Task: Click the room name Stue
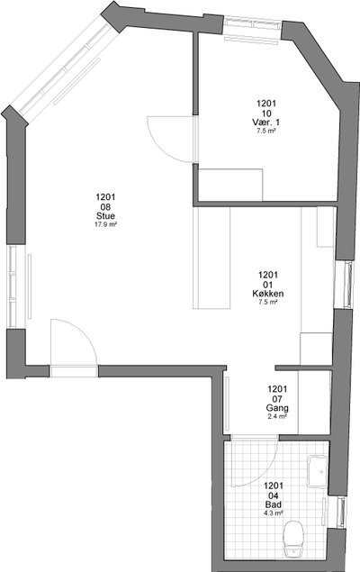[105, 215]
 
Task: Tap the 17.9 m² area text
[105, 224]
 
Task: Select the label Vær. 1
[266, 122]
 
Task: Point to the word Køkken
[268, 294]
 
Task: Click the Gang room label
[277, 408]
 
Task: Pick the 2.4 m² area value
[277, 416]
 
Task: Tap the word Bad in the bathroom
[274, 504]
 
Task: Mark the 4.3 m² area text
[274, 513]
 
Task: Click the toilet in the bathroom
[293, 540]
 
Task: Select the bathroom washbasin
[318, 471]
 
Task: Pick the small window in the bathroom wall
[342, 512]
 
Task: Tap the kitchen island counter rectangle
[211, 258]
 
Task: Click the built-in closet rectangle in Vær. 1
[230, 185]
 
